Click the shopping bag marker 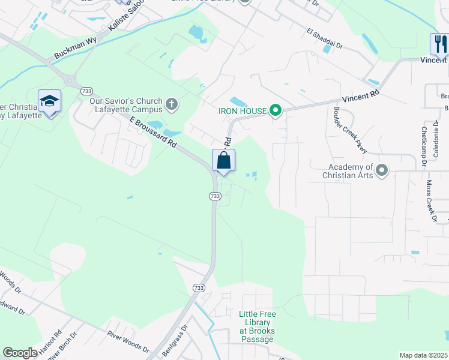pyautogui.click(x=223, y=161)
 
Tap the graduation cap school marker pyautogui.click(x=49, y=101)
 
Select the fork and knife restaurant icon pyautogui.click(x=439, y=44)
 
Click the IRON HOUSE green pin pyautogui.click(x=276, y=110)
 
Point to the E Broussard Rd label pyautogui.click(x=154, y=133)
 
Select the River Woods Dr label pyautogui.click(x=128, y=341)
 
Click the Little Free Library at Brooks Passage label pyautogui.click(x=256, y=326)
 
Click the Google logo pyautogui.click(x=20, y=353)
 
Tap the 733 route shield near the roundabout pyautogui.click(x=86, y=91)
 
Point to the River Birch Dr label pyautogui.click(x=62, y=346)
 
